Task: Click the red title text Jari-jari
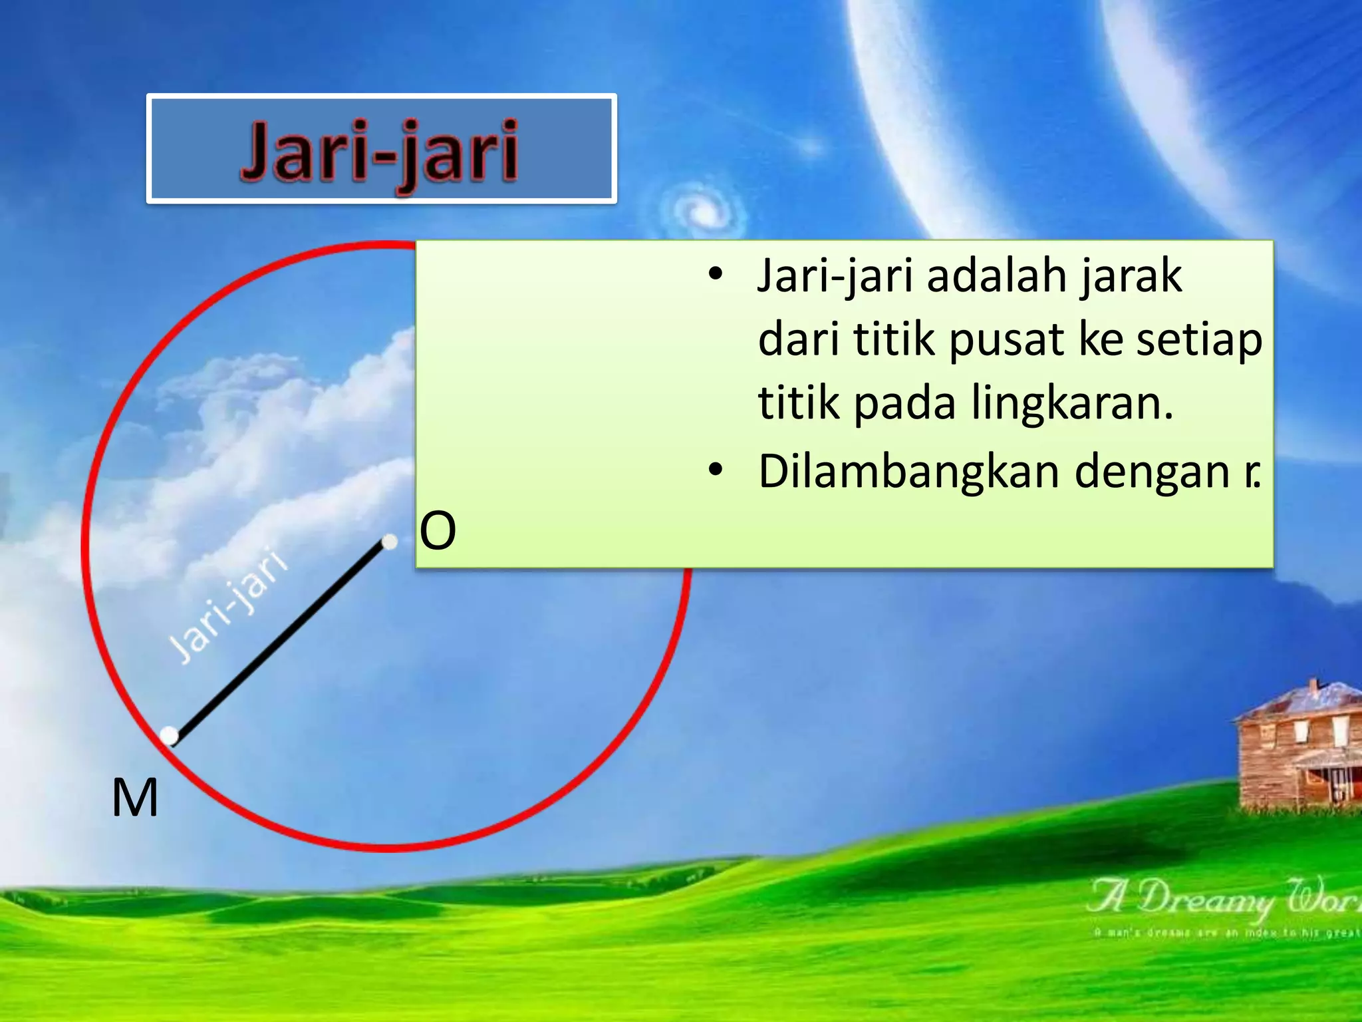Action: [x=379, y=152]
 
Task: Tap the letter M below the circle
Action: [x=135, y=798]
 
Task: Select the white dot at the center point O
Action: [x=390, y=542]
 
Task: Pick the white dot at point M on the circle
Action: [x=170, y=735]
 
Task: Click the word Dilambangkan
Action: [x=908, y=471]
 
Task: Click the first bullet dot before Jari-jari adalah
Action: [x=715, y=274]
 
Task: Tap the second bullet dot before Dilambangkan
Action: [x=715, y=470]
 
